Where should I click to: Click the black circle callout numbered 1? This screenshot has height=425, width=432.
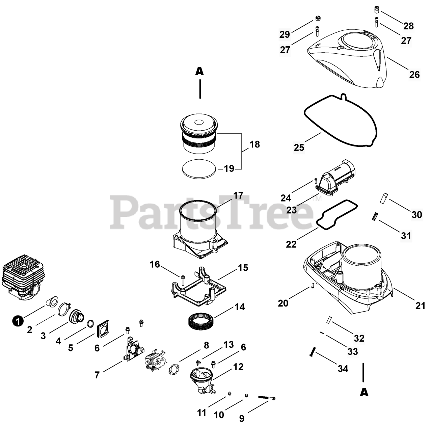18,320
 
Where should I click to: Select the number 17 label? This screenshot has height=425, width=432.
238,195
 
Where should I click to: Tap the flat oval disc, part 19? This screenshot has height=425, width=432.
199,168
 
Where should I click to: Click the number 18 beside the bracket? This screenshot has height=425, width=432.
255,144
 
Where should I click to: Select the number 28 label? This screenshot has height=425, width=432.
408,26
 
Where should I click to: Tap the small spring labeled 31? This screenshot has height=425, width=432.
374,216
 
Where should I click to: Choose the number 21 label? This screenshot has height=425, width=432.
420,306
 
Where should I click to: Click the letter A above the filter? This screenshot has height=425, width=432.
200,71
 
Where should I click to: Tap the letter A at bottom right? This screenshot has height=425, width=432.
364,392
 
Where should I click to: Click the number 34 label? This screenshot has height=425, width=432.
343,369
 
